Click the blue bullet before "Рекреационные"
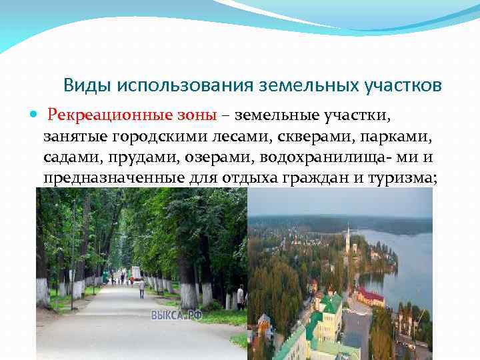coord(35,115)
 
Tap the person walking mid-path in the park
coord(141,287)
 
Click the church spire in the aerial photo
coord(347,237)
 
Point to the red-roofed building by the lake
coord(371,295)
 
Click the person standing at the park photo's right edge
coord(240,297)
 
